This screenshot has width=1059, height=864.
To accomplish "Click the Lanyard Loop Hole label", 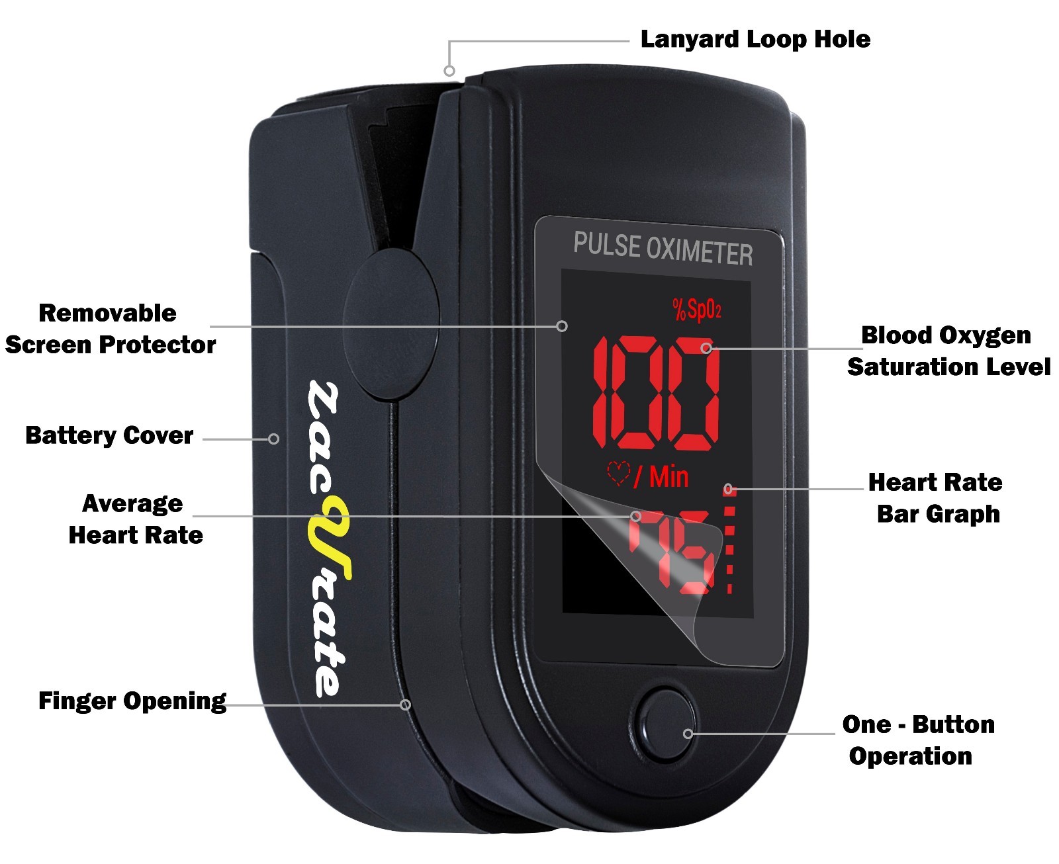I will [755, 40].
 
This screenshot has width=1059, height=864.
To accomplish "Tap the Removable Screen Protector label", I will [110, 329].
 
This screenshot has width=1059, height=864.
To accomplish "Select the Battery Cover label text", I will [109, 436].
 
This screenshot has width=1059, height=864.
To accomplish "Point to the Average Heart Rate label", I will [135, 519].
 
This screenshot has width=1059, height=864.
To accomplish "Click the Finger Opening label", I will [132, 701].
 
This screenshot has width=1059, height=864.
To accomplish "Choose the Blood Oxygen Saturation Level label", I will [948, 351].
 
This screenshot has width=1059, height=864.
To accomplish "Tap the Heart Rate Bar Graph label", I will [937, 498].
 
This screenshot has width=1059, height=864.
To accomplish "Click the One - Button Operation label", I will [917, 740].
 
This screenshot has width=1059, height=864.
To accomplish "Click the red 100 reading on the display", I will [655, 393].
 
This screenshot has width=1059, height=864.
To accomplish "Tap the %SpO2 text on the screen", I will [696, 309].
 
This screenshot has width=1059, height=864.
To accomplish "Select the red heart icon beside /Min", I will [618, 474].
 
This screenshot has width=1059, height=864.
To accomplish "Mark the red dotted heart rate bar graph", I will [730, 539].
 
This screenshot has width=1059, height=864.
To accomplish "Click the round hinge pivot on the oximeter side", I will [391, 324].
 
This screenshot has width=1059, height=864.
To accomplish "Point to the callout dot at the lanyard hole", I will [449, 71].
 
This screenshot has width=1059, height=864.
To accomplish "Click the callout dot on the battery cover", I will [273, 439].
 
